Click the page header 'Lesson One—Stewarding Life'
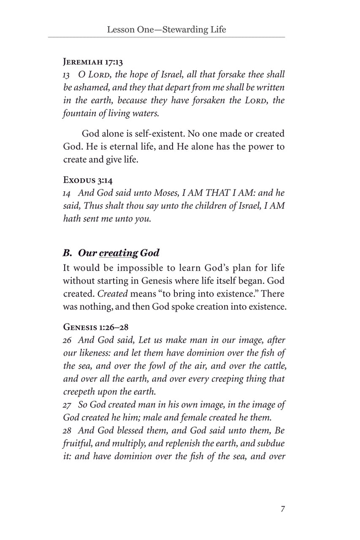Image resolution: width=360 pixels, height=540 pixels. pos(166,30)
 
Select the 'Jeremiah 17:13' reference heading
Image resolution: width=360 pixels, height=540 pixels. pos(93,62)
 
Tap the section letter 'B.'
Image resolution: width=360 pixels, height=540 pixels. pos(68,253)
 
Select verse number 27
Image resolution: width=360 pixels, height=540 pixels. pos(68,405)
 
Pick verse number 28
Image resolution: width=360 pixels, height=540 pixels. pos(68,432)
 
